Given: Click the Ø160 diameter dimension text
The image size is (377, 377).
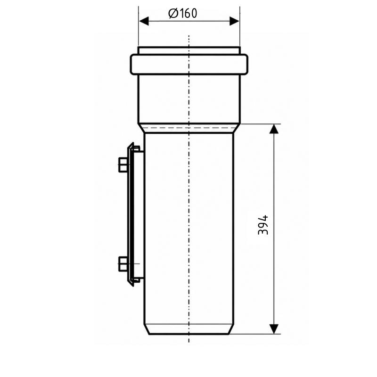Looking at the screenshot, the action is click(x=183, y=14).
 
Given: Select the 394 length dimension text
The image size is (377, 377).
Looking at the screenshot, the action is click(x=263, y=225).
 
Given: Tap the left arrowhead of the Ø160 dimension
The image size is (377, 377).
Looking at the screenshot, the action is click(x=144, y=21).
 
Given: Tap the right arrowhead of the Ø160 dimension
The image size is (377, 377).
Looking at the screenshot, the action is click(x=234, y=21).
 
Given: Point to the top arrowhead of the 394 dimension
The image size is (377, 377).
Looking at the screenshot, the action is click(x=274, y=129).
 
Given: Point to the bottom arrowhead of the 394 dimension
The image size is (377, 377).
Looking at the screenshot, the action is click(x=274, y=329).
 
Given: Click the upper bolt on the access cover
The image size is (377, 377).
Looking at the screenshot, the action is click(x=123, y=164).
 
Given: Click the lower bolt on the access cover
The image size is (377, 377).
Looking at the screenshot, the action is click(x=123, y=264).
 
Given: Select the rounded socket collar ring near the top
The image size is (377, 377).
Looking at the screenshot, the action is click(x=189, y=65).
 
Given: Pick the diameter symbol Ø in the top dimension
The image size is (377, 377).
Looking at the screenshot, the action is click(x=173, y=14).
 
